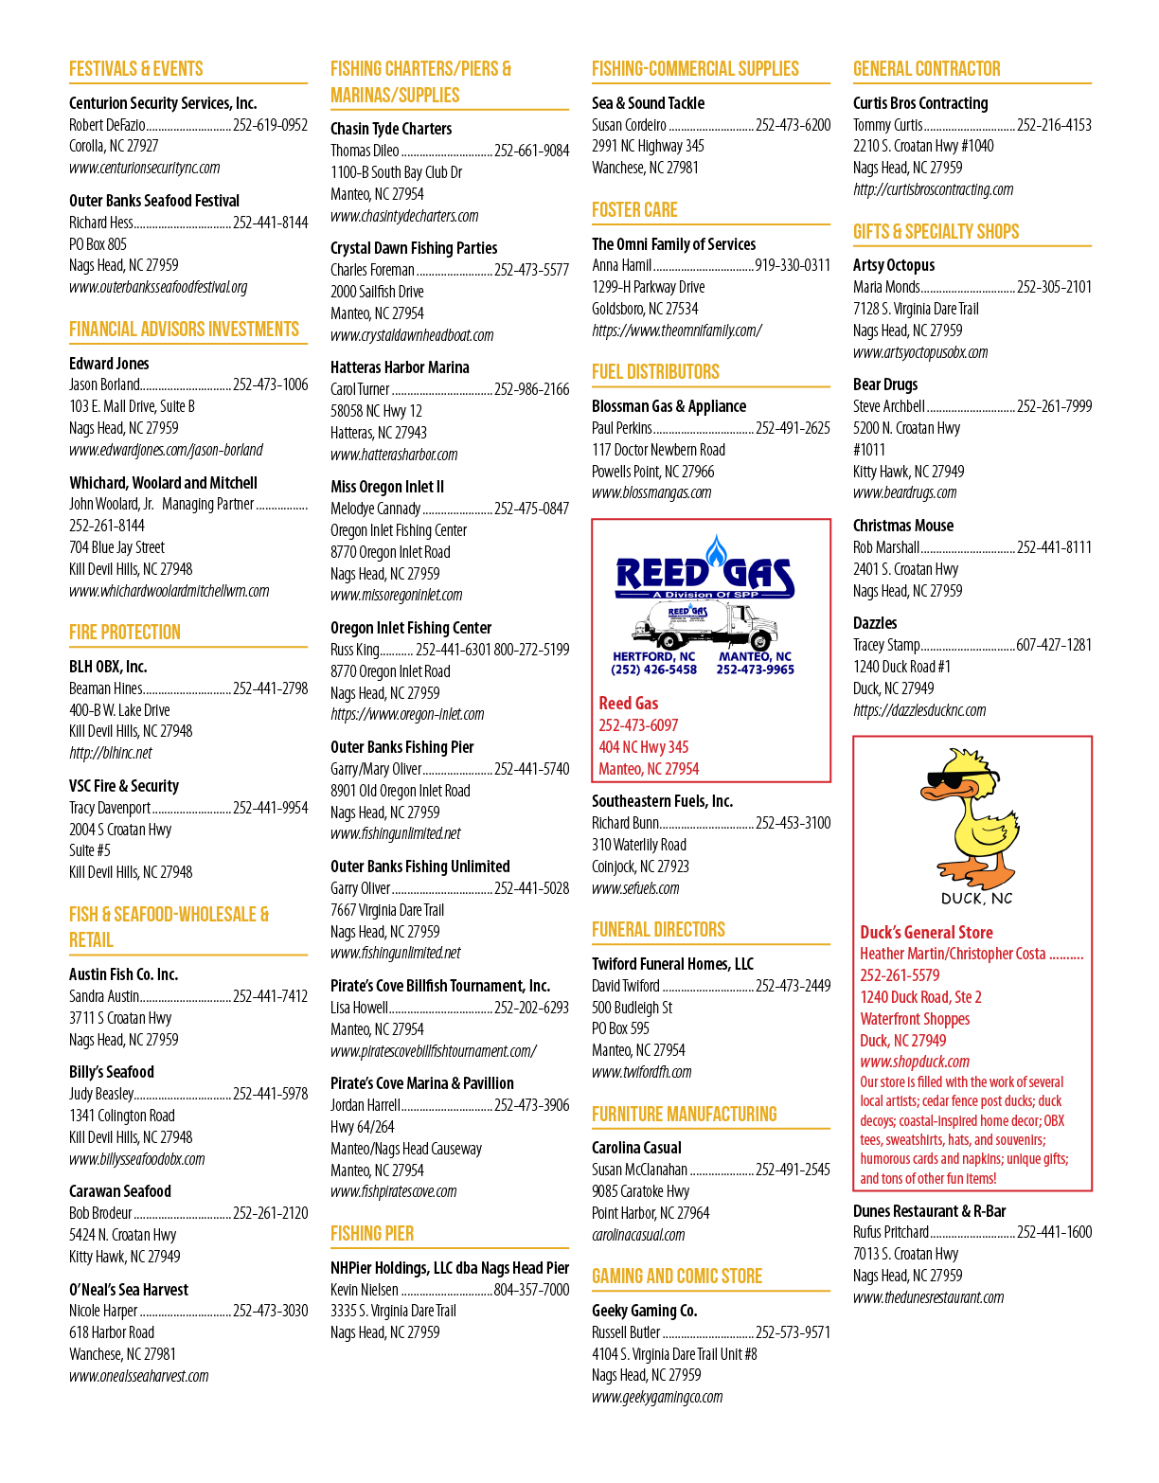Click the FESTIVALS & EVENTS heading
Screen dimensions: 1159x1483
[x=135, y=69]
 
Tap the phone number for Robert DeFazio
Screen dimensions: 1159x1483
[x=270, y=125]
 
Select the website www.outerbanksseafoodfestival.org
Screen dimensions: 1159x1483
[x=158, y=287]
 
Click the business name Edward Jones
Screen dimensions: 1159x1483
[x=109, y=363]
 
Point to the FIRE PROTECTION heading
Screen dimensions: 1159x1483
[x=125, y=632]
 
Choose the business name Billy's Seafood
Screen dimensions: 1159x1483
[x=111, y=1071]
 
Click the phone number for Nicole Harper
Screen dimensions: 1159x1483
[x=270, y=1311]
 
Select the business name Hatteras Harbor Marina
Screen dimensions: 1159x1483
[x=400, y=367]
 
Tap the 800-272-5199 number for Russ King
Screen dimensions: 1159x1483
[x=531, y=649]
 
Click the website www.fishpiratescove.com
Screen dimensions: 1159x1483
[x=394, y=1191]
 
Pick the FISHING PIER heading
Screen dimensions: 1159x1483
[x=372, y=1233]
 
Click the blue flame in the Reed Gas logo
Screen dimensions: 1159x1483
[x=715, y=551]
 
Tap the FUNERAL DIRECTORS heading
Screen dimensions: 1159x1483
[x=658, y=930]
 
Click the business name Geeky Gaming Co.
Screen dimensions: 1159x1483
[x=644, y=1311]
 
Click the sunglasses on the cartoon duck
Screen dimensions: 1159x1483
[x=962, y=780]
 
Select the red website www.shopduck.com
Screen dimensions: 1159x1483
[x=915, y=1062]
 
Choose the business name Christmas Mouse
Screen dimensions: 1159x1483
[x=903, y=526]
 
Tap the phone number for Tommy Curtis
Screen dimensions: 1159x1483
[x=1054, y=125]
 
